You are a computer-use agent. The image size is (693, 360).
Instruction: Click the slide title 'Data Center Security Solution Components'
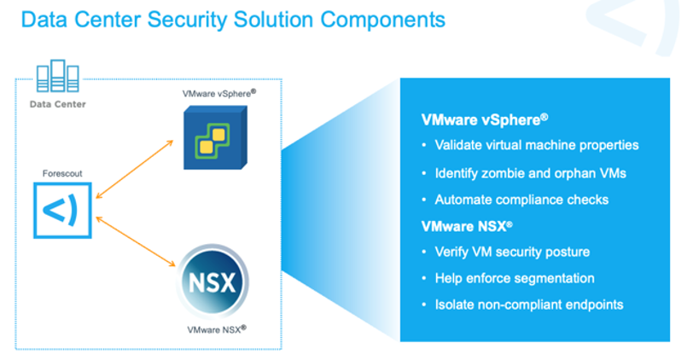[x=233, y=20]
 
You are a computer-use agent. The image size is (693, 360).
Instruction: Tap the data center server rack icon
[x=58, y=76]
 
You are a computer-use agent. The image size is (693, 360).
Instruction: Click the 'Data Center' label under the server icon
[x=58, y=104]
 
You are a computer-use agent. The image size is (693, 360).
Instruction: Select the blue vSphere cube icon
[x=215, y=137]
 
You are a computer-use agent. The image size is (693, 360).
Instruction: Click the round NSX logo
[x=213, y=282]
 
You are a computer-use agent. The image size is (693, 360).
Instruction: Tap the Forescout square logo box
[x=62, y=210]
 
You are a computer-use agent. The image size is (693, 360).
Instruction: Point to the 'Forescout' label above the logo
[x=62, y=173]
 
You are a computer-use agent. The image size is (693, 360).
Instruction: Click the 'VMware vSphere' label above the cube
[x=219, y=94]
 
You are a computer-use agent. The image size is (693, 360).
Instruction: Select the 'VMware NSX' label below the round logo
[x=217, y=329]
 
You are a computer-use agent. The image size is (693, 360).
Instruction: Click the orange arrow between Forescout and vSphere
[x=134, y=169]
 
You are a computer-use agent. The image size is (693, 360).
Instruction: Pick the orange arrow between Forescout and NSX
[x=136, y=241]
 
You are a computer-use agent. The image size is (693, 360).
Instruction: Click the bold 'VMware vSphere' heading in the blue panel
[x=485, y=119]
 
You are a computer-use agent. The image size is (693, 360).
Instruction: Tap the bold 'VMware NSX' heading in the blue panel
[x=467, y=227]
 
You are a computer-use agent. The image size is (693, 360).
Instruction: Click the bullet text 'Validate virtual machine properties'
[x=537, y=145]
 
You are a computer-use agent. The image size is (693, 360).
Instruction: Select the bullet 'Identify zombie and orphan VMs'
[x=530, y=173]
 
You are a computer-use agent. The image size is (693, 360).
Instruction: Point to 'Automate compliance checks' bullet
[x=521, y=200]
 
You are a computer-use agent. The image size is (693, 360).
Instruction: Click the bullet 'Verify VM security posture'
[x=512, y=252]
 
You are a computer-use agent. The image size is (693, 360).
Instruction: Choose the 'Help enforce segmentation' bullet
[x=515, y=278]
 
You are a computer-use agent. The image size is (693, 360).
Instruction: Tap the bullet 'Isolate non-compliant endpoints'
[x=529, y=305]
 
